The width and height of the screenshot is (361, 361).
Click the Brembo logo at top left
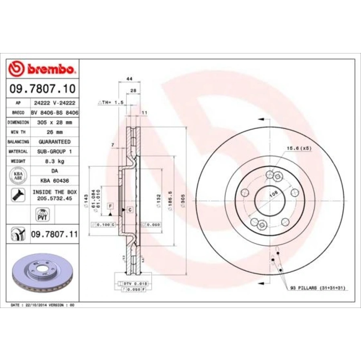42,69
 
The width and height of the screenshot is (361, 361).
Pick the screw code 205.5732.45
55,198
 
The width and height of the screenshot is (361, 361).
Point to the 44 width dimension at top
129,79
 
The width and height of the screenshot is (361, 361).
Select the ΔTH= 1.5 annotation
110,103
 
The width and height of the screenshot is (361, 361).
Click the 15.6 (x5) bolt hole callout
298,148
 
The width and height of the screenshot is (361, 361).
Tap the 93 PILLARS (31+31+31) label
317,288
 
